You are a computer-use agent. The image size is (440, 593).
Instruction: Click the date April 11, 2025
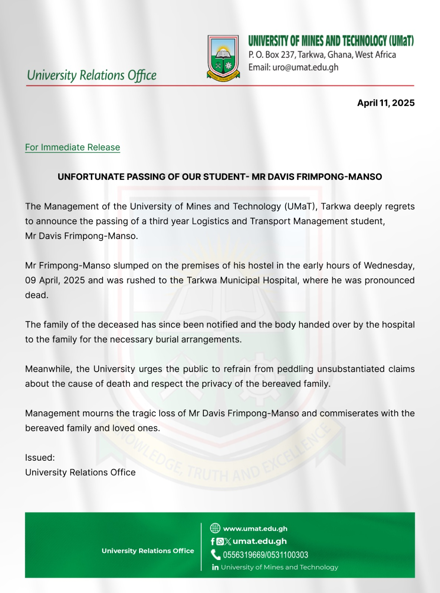385,103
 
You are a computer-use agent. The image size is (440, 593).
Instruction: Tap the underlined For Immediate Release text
72,148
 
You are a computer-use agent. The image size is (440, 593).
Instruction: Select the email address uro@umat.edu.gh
305,67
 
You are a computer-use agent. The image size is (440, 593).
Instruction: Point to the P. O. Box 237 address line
322,55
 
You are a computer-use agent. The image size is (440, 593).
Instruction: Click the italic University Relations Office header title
92,75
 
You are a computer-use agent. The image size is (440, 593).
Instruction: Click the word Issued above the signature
39,458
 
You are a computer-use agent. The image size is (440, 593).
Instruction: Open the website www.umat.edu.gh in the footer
255,529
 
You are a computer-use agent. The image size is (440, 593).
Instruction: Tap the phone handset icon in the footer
216,555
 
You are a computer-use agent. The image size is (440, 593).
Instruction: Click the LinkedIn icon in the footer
215,567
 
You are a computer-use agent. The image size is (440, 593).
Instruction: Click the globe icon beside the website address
215,528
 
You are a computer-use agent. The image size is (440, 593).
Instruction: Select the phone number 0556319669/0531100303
265,555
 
